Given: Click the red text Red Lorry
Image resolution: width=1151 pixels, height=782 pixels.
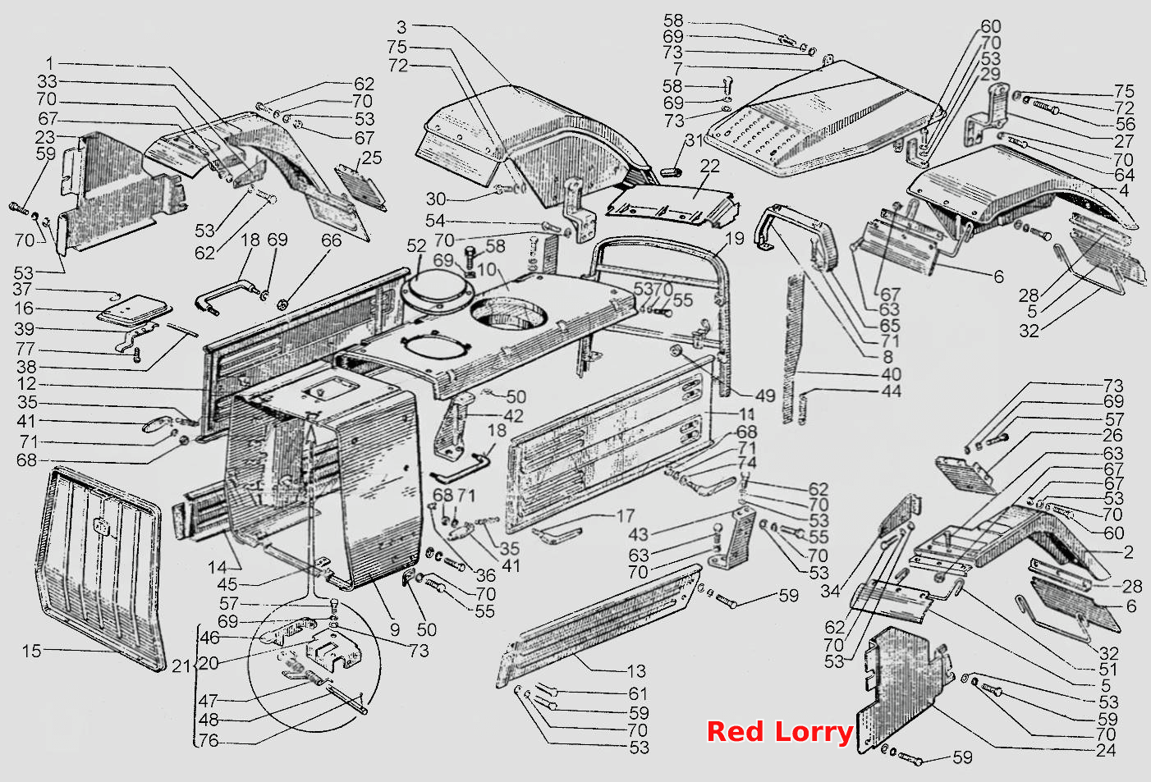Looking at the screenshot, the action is coord(779,732).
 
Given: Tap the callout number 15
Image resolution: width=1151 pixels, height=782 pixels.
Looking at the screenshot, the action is coord(31,651).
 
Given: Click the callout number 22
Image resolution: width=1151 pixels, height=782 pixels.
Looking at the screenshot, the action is coord(709,166).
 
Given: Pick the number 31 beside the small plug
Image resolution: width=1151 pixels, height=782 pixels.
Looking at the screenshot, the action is coord(695,139).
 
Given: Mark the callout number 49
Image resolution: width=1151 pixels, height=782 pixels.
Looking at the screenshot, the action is coord(765,396).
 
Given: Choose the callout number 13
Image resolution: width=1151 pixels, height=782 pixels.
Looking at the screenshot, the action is coord(636,671).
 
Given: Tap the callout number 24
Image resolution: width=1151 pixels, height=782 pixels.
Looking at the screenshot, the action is coord(1106,751).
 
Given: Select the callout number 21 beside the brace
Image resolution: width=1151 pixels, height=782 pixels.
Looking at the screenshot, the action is coord(181,666).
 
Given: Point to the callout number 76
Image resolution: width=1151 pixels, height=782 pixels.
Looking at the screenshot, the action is coord(209,740).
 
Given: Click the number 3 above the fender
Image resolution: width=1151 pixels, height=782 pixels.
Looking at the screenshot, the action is coord(401,27).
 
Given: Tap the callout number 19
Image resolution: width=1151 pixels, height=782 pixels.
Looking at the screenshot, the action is coord(735,238).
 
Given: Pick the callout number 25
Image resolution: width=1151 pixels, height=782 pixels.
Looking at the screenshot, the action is coord(372,158).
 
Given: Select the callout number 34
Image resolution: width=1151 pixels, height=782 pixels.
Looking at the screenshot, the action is coord(830,592).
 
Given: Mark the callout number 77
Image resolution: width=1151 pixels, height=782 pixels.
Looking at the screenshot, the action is coord(25,350).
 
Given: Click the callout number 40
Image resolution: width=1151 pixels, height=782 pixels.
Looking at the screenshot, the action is coord(892,374).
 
